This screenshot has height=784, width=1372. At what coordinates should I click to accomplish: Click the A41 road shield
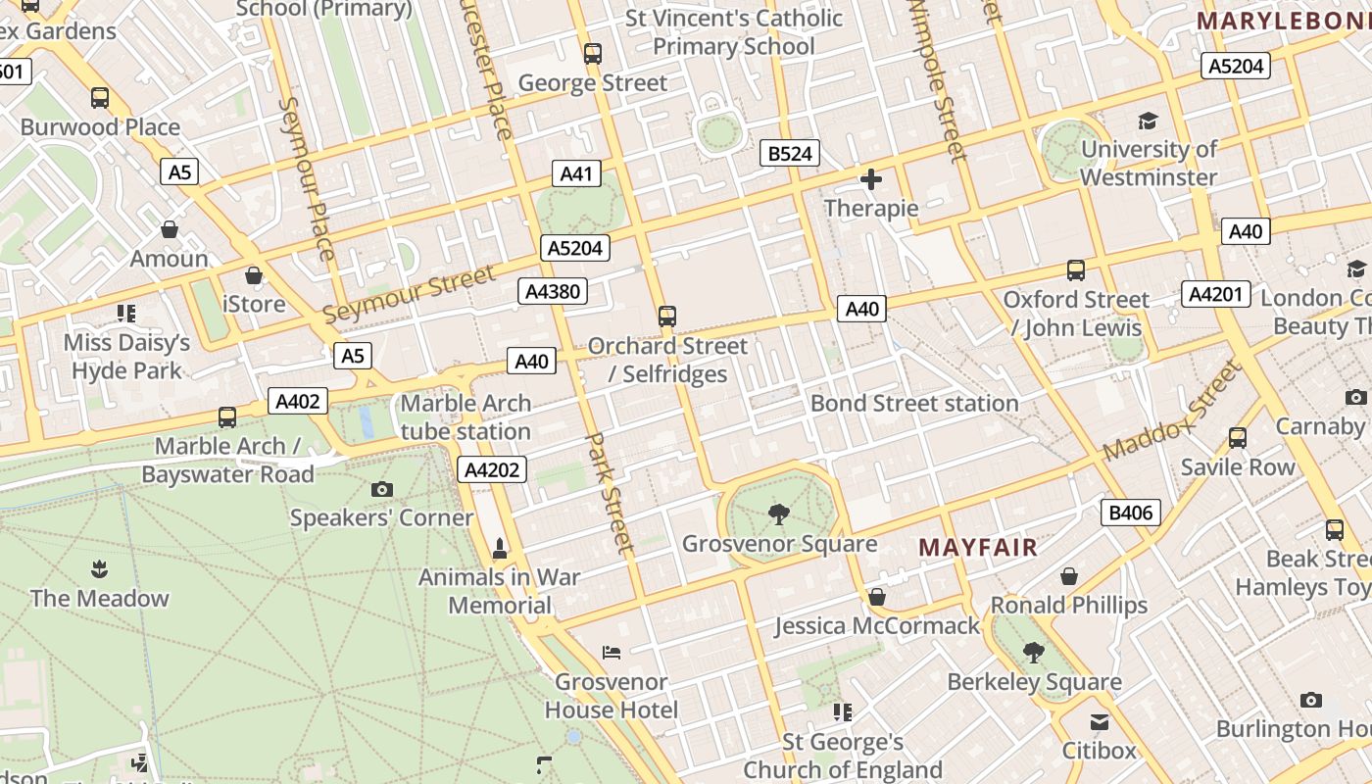click(576, 174)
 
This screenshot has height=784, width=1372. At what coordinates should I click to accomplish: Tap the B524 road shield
click(789, 154)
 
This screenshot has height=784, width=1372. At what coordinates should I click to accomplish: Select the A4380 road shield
click(553, 291)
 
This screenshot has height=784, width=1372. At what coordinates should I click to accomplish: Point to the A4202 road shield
click(492, 470)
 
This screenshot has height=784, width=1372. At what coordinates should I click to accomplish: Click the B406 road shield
click(1131, 512)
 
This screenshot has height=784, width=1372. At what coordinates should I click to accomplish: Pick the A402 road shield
click(298, 401)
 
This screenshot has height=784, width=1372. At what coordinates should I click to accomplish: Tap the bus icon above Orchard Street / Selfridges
click(667, 316)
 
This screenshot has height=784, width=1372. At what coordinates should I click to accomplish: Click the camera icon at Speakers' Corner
click(382, 489)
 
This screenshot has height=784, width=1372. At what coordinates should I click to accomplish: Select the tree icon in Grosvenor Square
click(779, 514)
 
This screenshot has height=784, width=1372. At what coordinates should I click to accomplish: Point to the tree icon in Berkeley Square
click(1033, 652)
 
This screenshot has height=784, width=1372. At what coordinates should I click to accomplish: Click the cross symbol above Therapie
click(870, 179)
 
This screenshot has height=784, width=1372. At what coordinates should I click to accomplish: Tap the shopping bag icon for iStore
click(254, 275)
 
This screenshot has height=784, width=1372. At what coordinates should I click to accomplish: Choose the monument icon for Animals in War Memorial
click(500, 548)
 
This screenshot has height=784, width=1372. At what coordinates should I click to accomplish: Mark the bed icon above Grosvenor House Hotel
click(612, 652)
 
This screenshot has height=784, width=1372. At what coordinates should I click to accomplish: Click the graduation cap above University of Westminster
click(1148, 121)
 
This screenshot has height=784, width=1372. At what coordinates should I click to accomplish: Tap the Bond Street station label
click(914, 404)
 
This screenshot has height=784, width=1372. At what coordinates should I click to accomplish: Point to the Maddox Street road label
click(1171, 412)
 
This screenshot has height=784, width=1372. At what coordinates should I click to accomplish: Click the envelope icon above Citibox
click(1100, 722)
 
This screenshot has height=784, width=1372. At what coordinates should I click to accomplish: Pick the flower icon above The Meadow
click(99, 568)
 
